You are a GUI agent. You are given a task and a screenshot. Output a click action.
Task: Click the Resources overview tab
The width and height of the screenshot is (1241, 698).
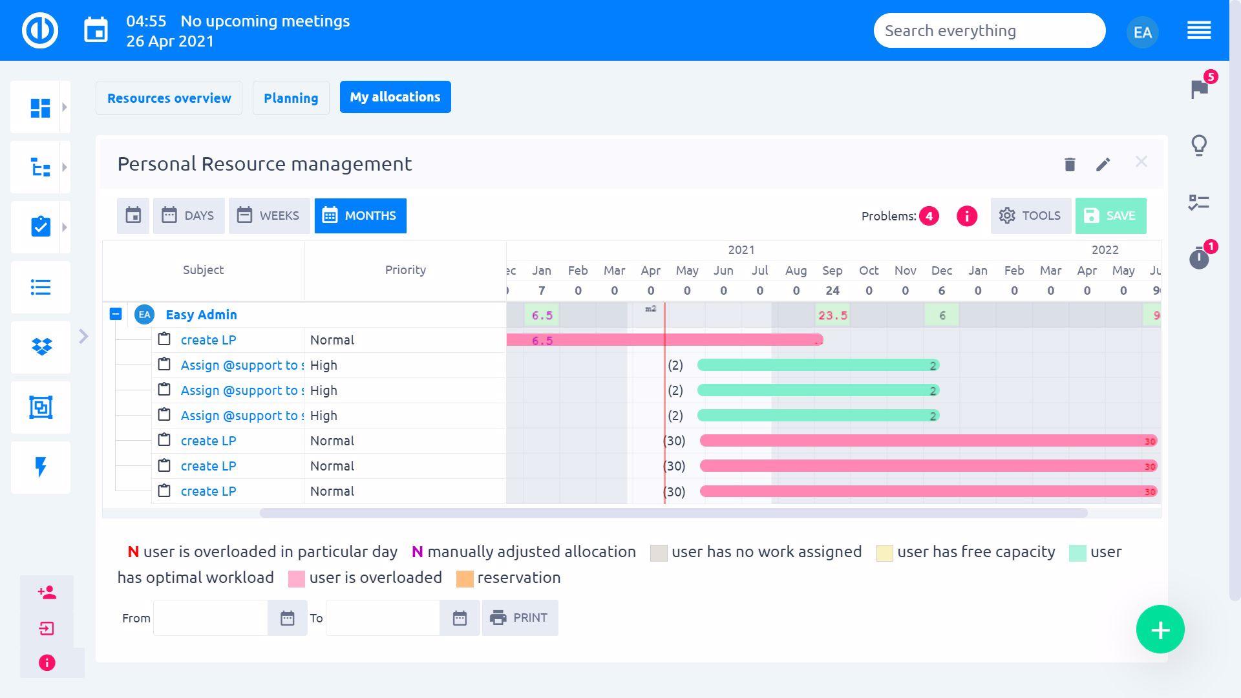(x=169, y=98)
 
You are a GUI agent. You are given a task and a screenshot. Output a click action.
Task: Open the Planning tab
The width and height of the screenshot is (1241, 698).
(x=291, y=98)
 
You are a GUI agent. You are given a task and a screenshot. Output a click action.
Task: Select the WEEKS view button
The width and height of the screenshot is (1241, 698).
(x=269, y=216)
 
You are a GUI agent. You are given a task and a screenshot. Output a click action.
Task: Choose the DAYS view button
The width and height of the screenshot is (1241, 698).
(x=189, y=216)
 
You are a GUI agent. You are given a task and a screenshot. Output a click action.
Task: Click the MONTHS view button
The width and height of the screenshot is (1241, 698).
(x=360, y=216)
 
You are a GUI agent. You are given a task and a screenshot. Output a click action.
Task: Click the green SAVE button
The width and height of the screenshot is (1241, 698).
(x=1110, y=216)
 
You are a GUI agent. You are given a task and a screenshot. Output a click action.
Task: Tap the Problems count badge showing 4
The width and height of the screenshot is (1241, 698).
(x=929, y=217)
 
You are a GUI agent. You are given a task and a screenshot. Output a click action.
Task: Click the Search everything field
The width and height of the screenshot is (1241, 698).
(x=989, y=30)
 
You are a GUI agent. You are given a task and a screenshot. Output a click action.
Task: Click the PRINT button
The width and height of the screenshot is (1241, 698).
(x=520, y=618)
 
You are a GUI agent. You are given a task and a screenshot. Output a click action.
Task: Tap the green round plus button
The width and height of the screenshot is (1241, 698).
(x=1160, y=629)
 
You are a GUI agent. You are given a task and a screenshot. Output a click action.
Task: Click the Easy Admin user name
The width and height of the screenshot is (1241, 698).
(x=201, y=315)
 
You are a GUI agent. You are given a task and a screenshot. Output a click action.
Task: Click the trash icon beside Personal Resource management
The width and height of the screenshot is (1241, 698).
(x=1070, y=164)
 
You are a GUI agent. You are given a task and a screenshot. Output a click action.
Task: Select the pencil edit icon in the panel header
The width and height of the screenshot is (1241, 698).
(x=1103, y=164)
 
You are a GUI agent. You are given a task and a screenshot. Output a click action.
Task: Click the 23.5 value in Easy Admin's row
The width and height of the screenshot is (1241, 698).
(x=833, y=315)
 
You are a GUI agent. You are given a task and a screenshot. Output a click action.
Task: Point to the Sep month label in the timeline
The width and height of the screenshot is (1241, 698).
(x=833, y=270)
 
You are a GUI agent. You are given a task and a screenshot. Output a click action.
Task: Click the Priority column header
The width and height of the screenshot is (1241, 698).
(x=405, y=270)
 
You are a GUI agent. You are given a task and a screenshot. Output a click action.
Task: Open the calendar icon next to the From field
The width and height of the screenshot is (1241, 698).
(x=288, y=619)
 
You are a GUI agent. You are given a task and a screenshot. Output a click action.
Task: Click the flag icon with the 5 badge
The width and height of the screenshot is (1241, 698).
(x=1200, y=89)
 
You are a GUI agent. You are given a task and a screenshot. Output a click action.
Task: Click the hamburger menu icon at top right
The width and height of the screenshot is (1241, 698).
(x=1199, y=30)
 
